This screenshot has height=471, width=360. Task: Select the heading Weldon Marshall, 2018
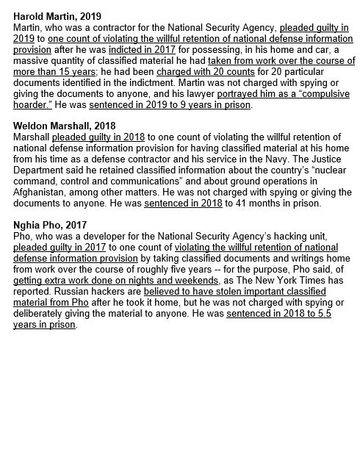pos(65,126)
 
